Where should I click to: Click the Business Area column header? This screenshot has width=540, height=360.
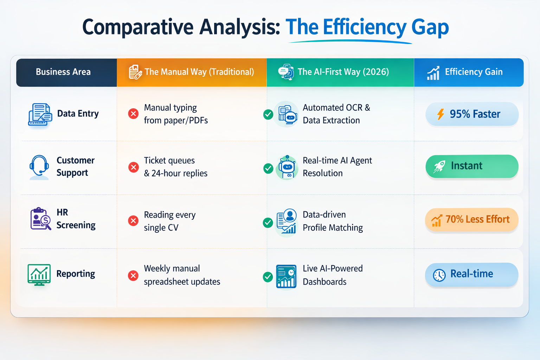click(63, 72)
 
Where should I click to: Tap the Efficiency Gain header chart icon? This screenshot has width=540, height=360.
click(433, 73)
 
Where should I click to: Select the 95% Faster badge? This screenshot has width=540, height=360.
click(472, 114)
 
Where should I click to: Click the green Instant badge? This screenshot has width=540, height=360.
click(472, 166)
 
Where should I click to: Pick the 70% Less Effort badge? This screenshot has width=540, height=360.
click(472, 219)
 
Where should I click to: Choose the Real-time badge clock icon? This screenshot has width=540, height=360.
click(439, 275)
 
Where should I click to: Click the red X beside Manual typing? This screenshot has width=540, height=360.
click(133, 114)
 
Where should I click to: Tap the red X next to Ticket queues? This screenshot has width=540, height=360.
click(133, 167)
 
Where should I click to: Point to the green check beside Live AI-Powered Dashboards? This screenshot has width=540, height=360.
click(268, 277)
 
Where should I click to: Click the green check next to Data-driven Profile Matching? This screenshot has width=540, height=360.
click(268, 223)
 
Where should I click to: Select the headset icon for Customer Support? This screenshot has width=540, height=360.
click(39, 167)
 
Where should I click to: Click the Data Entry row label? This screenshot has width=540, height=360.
click(78, 114)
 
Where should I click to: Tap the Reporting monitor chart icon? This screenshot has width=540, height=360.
click(39, 275)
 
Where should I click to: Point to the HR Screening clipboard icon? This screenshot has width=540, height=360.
click(40, 219)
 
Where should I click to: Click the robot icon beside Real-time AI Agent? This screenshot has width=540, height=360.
click(287, 168)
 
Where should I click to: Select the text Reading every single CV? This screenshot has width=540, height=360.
click(169, 221)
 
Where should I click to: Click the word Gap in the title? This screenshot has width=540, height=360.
click(430, 27)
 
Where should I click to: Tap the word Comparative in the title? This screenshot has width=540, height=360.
click(138, 27)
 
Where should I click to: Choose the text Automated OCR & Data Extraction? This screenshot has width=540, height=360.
click(336, 114)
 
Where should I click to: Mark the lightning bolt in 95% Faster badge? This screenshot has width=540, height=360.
click(440, 114)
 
